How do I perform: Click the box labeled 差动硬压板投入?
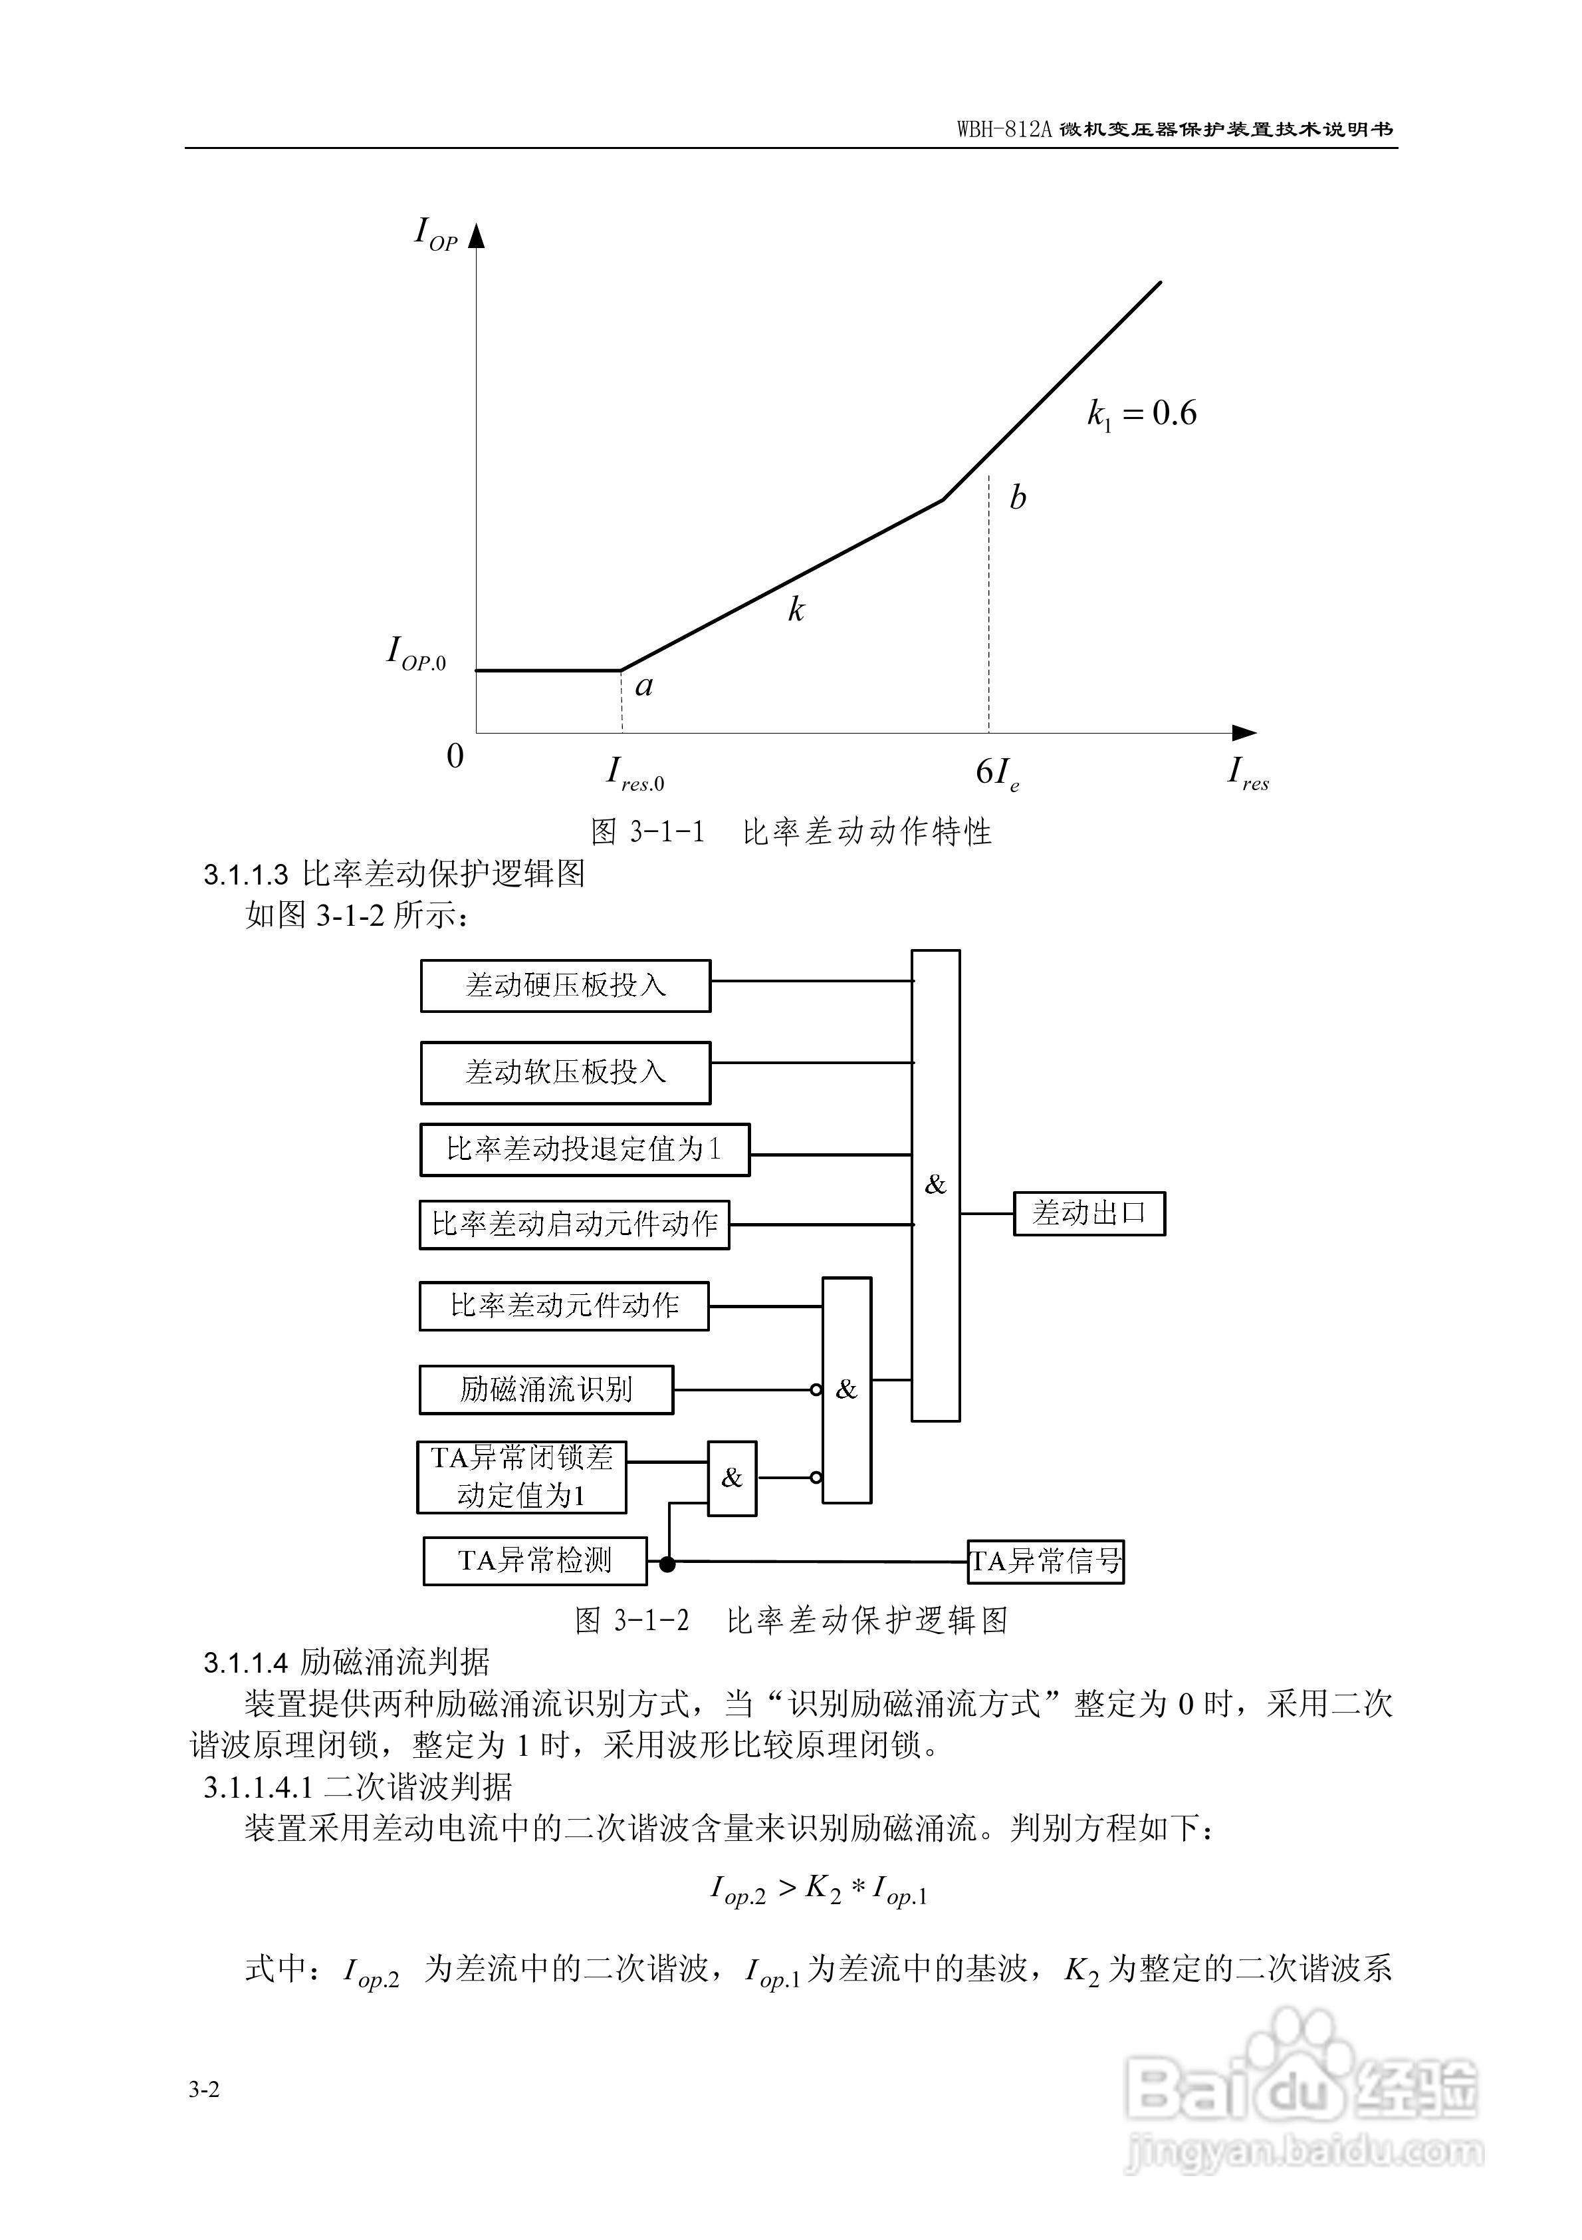pos(565,986)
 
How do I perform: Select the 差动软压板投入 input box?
pos(565,1072)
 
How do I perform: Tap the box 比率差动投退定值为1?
pos(584,1149)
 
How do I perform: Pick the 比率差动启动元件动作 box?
pos(574,1224)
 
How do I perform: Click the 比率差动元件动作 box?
pos(564,1306)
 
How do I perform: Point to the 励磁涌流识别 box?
pos(546,1389)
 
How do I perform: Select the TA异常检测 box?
pos(534,1560)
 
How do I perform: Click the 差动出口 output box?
pos(1089,1214)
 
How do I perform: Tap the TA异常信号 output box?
pos(1045,1561)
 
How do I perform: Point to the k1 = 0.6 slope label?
pos(1141,414)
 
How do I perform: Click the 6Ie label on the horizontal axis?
pos(997,773)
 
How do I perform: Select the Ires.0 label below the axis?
pos(635,773)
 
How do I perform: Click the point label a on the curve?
pos(643,686)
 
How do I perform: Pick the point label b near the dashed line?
pos(1017,497)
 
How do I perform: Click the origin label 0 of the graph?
pos(455,756)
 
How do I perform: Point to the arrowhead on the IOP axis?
pos(476,236)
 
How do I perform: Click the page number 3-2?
pos(205,2089)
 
